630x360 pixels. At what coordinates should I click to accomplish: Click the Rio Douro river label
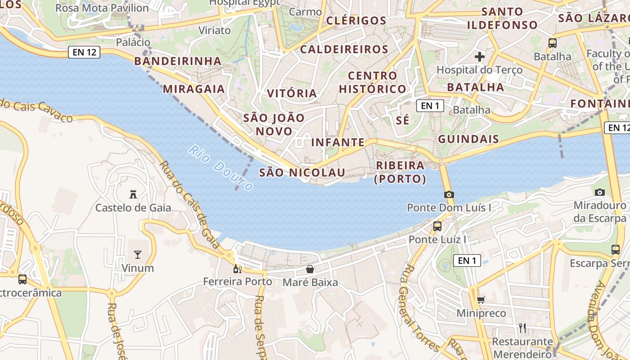(x=221, y=168)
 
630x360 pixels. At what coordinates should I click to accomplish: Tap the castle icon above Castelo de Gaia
(x=133, y=194)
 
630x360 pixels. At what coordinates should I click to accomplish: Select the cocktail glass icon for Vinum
(x=138, y=255)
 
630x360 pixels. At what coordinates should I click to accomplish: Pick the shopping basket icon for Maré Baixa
(x=310, y=270)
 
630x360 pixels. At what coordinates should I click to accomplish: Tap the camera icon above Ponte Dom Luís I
(x=449, y=194)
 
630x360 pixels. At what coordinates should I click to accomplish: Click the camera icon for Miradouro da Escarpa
(x=599, y=192)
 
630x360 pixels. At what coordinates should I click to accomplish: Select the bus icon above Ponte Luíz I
(x=437, y=226)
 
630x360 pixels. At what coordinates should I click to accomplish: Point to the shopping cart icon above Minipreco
(x=481, y=300)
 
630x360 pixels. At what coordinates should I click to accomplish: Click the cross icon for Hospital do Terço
(x=480, y=57)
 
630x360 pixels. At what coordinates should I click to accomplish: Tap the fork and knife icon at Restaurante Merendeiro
(x=522, y=328)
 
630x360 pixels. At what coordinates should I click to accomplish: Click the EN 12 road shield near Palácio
(x=85, y=52)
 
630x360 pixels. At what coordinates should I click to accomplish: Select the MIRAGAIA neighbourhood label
(x=194, y=89)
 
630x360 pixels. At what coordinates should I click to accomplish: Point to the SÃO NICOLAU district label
(x=302, y=172)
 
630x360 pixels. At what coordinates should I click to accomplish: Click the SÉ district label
(x=403, y=120)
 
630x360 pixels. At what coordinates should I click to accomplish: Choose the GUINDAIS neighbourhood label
(x=468, y=139)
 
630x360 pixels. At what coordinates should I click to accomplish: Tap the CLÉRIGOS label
(x=356, y=21)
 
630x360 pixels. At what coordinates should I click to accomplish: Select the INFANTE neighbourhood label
(x=338, y=143)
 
